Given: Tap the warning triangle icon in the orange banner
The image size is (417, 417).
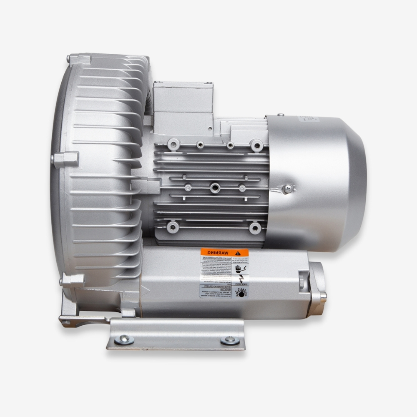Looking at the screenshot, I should (238, 253).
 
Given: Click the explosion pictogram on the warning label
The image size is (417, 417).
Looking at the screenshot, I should (241, 292).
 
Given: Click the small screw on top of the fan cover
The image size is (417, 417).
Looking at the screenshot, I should (281, 114).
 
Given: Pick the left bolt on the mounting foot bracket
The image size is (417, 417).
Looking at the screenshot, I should (124, 339).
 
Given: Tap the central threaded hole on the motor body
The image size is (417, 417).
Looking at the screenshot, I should (215, 188).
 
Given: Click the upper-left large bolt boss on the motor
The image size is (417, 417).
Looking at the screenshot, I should (173, 145).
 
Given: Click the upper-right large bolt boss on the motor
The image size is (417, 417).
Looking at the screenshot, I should (256, 145).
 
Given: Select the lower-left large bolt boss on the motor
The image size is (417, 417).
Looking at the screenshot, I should (172, 227).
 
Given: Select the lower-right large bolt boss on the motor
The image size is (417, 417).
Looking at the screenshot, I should (255, 228).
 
